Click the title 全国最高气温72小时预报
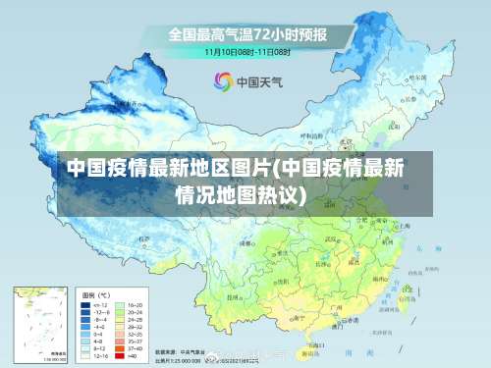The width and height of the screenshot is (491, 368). coord(246,34)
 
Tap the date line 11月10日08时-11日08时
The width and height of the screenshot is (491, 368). coord(246,51)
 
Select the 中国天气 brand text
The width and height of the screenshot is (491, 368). coord(257,80)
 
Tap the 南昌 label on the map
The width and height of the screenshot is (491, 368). coord(355,257)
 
